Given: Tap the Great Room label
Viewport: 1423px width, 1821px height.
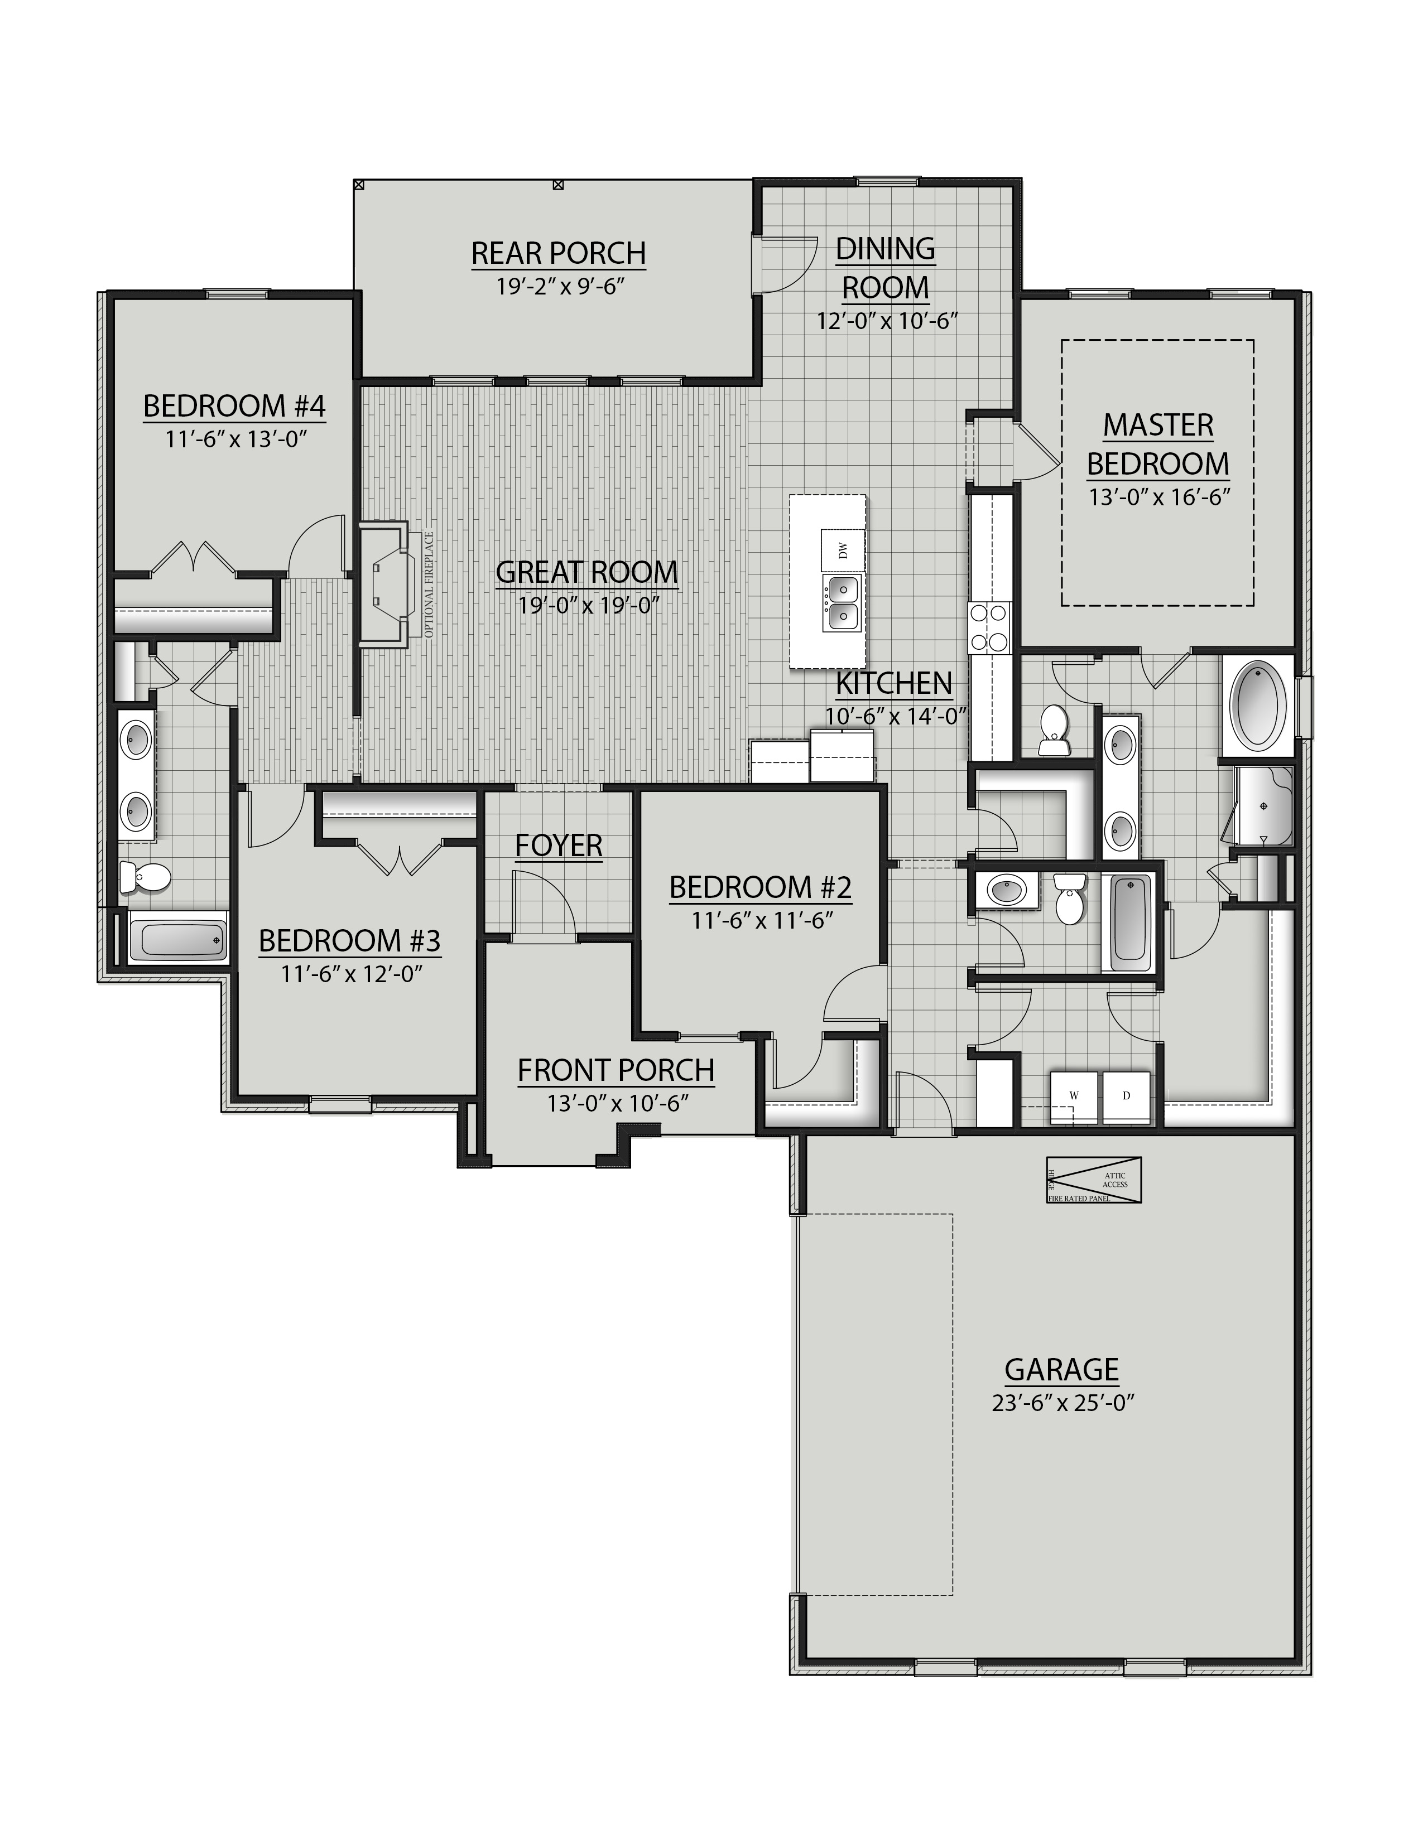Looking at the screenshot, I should pyautogui.click(x=586, y=572).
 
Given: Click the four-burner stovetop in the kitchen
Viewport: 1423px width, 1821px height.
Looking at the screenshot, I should pyautogui.click(x=988, y=627).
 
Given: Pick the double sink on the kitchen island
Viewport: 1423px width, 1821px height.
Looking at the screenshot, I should pyautogui.click(x=843, y=603).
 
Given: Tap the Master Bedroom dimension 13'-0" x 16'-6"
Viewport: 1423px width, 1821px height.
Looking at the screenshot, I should pyautogui.click(x=1160, y=497).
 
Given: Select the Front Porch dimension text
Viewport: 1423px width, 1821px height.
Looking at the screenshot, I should pyautogui.click(x=617, y=1103).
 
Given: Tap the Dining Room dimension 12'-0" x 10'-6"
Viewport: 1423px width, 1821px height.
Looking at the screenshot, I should pyautogui.click(x=885, y=321).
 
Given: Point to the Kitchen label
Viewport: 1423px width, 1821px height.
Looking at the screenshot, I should pyautogui.click(x=893, y=682).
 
